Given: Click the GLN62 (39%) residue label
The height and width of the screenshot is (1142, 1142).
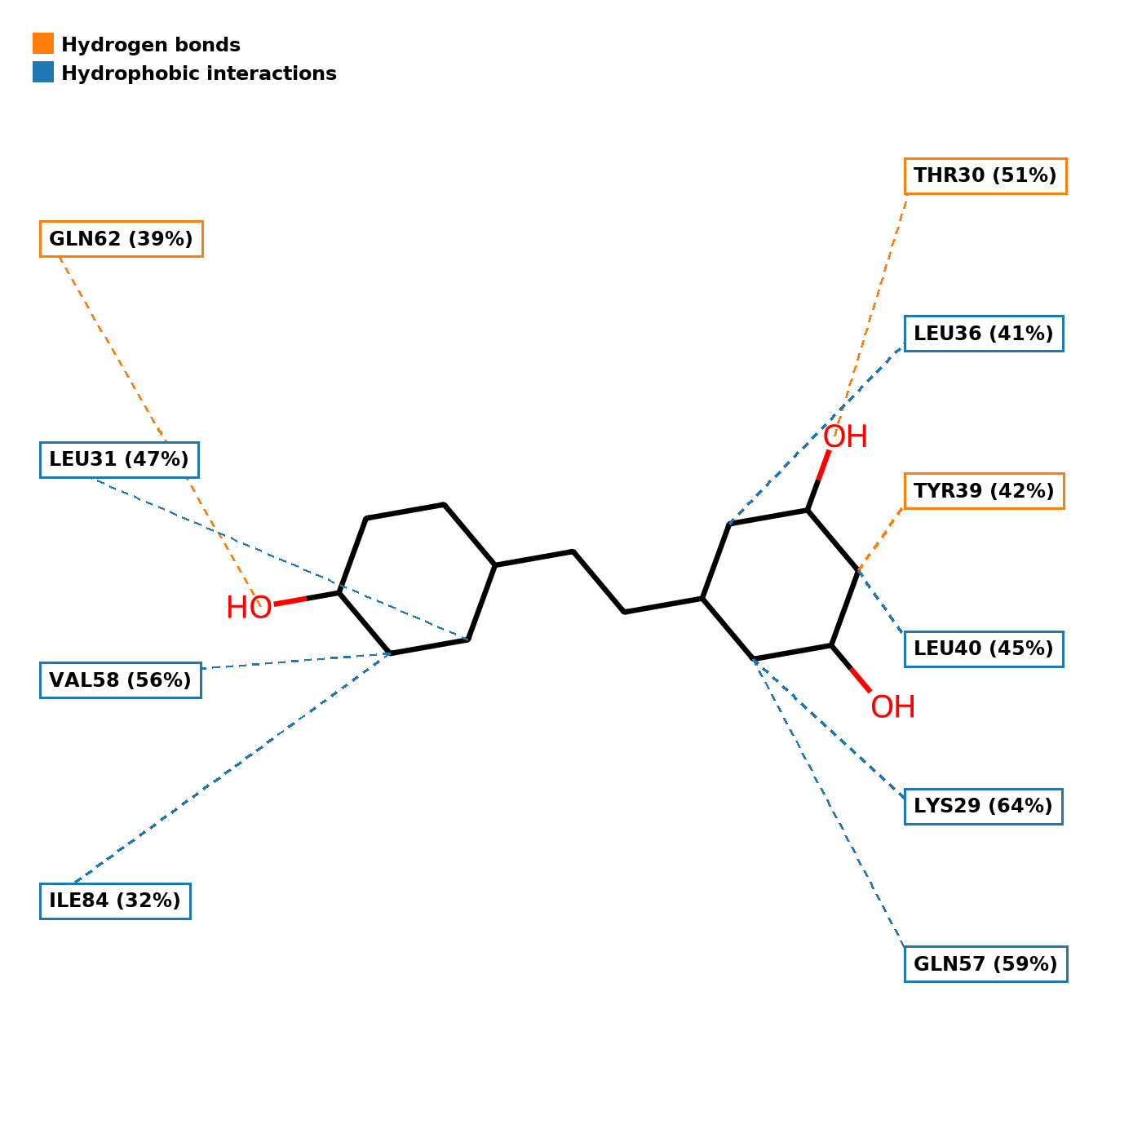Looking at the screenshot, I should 121,239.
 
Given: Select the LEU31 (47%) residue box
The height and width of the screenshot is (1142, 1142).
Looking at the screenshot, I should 119,460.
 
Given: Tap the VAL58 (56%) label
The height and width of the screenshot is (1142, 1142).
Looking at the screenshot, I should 120,680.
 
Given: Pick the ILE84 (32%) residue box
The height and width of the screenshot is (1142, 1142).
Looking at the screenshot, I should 115,901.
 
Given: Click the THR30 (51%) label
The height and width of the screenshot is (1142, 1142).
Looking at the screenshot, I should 985,176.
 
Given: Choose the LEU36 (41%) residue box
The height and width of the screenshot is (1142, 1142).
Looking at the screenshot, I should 983,334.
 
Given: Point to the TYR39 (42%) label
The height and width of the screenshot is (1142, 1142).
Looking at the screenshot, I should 984,491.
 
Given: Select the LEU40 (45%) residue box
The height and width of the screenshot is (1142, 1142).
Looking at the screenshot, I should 983,649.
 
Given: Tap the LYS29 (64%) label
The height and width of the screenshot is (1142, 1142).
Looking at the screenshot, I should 983,807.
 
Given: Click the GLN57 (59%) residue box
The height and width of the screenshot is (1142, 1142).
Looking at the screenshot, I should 985,964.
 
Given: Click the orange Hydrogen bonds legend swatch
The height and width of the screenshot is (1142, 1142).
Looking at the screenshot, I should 43,44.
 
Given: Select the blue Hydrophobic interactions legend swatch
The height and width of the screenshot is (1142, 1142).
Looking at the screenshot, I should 43,73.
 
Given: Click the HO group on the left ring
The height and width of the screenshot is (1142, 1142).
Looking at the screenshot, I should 249,608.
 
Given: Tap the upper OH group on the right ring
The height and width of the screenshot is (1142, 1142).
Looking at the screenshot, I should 845,437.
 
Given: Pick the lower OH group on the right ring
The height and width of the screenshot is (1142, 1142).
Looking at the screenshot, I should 892,707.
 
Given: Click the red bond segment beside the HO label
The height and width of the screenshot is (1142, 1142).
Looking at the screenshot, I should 290,601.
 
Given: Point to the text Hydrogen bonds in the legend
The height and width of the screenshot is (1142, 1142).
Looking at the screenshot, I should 151,45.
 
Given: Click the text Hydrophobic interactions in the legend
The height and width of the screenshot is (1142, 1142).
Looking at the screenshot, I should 199,73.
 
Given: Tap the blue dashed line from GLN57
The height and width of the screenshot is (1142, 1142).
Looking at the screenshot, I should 832,808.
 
